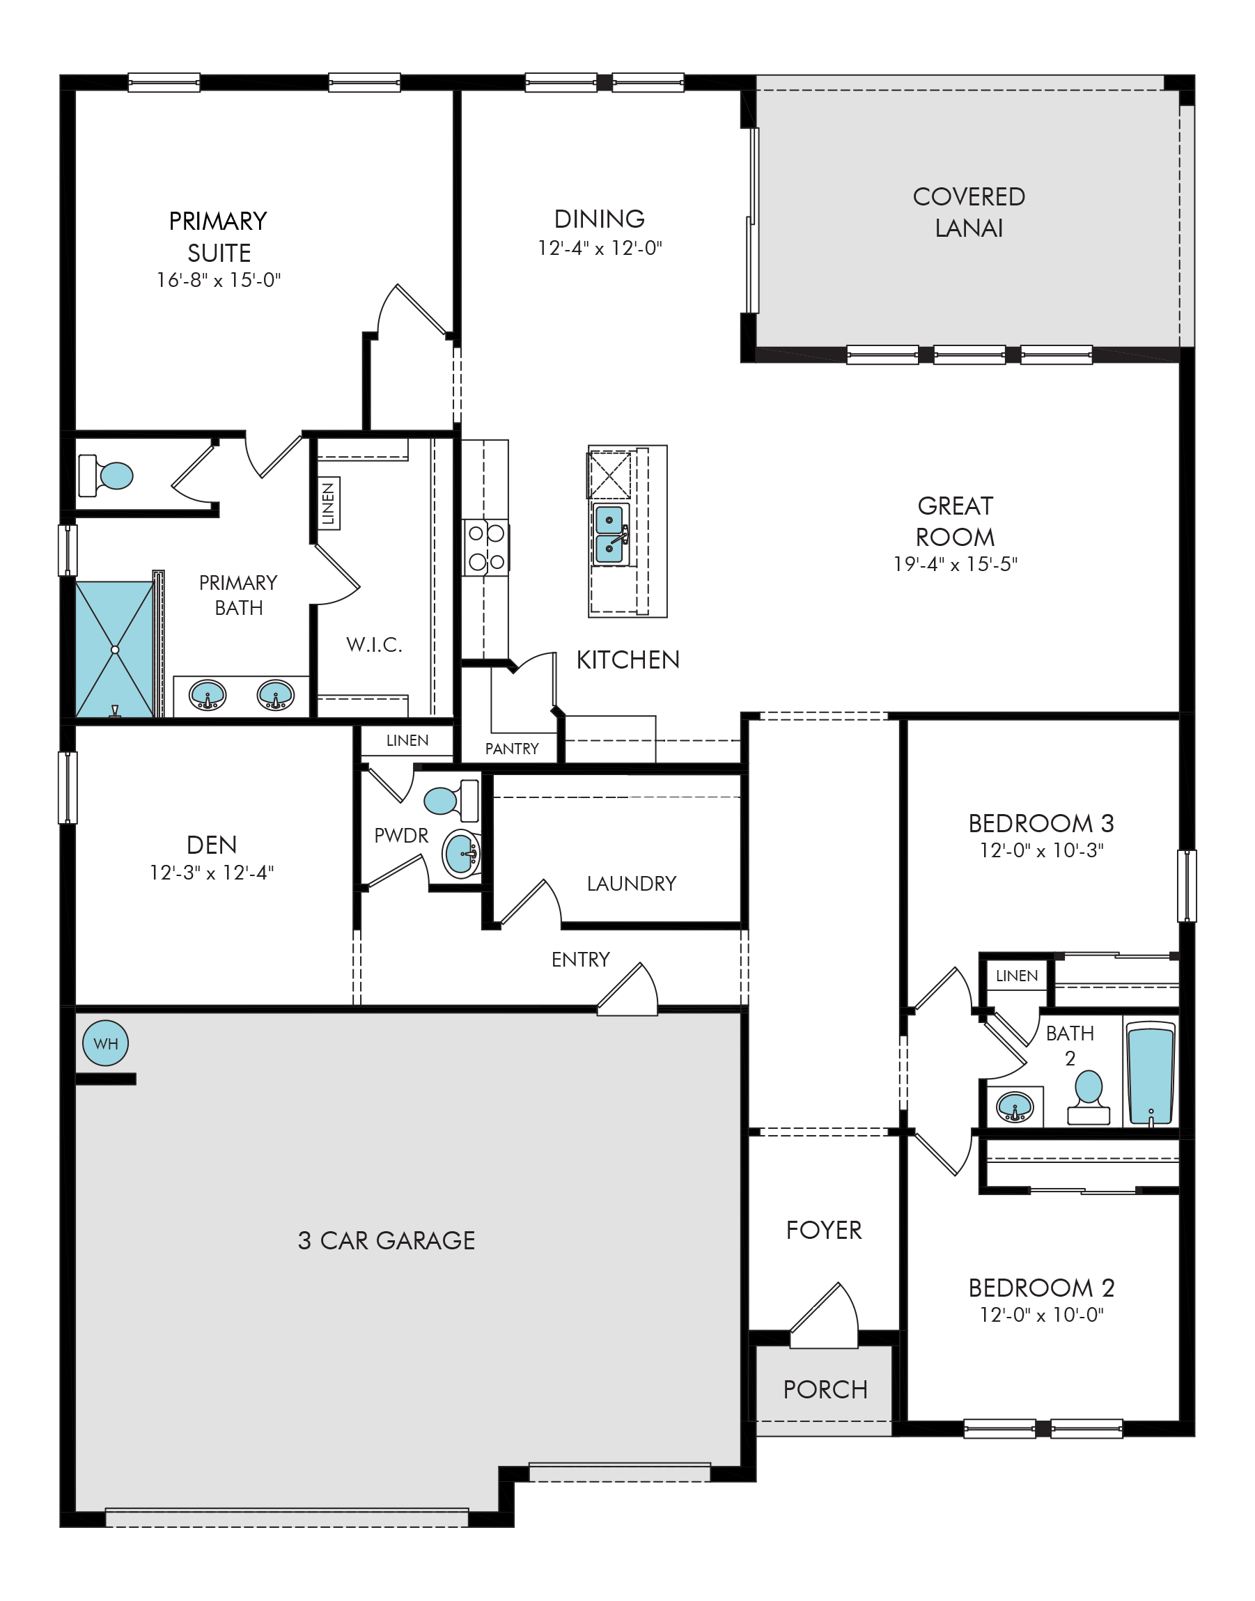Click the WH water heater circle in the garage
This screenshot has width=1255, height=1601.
[x=106, y=1042]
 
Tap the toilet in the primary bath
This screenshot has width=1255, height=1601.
[x=106, y=476]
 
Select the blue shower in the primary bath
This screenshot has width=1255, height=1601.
[x=115, y=650]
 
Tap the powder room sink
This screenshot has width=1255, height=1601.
[x=462, y=854]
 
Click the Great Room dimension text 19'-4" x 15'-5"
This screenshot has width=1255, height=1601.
[x=956, y=564]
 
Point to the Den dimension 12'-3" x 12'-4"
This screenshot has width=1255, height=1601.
[x=212, y=873]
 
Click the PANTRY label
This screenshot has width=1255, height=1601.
[x=512, y=749]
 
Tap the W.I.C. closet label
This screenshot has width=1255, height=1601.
[x=375, y=644]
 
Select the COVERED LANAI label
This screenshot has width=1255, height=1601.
[x=969, y=212]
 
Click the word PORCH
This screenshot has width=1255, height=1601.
[x=825, y=1389]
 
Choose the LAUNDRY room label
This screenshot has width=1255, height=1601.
[x=631, y=883]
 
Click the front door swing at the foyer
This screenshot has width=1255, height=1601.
[x=825, y=1317]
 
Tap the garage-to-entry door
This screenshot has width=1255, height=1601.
[x=627, y=990]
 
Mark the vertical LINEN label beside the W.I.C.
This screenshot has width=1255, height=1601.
[x=329, y=503]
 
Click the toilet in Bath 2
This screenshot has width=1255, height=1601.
[x=1089, y=1097]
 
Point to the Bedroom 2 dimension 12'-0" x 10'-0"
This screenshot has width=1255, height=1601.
[x=1042, y=1315]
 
